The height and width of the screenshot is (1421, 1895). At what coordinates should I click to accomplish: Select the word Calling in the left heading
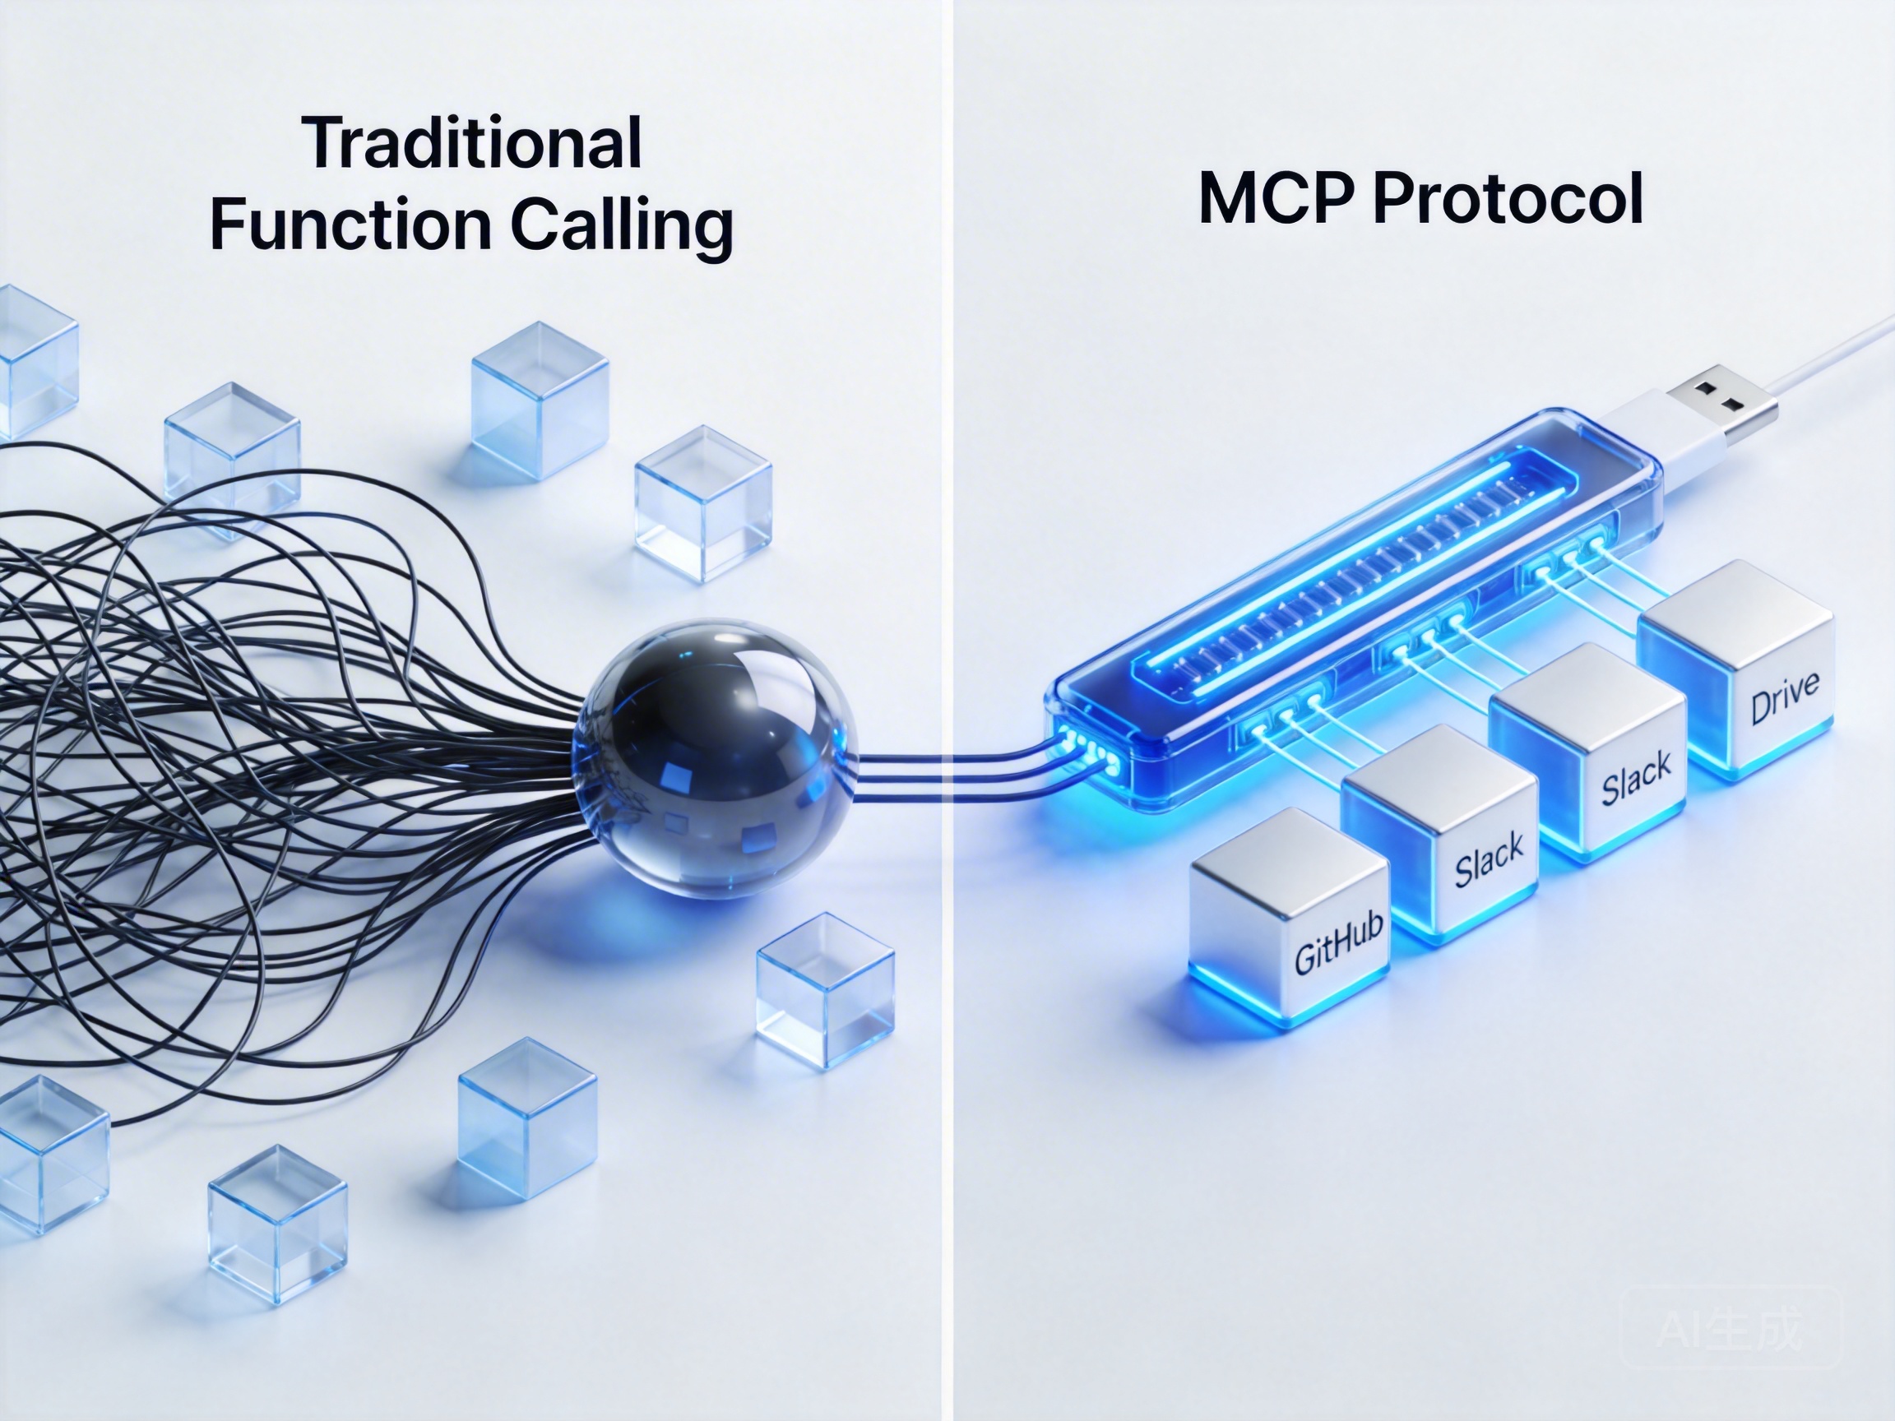click(622, 225)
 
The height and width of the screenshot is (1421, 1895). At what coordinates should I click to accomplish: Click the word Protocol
click(1508, 199)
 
